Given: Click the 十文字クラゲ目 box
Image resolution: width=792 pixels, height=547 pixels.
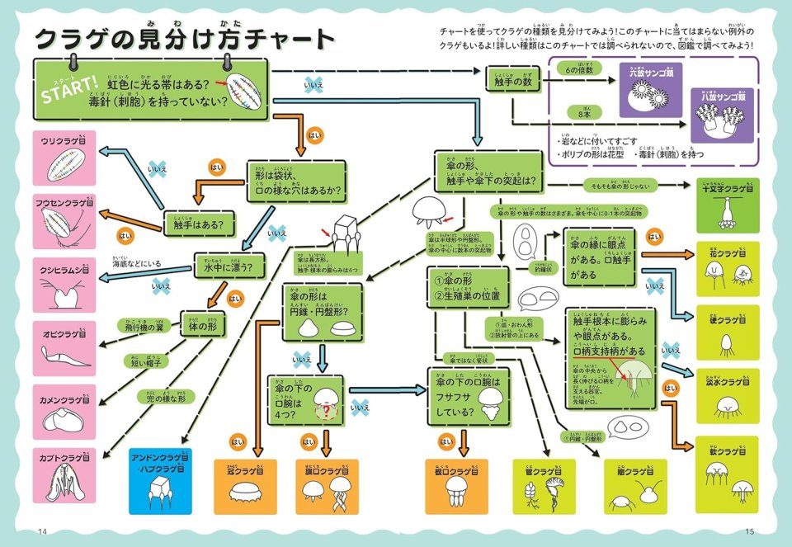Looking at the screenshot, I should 727,206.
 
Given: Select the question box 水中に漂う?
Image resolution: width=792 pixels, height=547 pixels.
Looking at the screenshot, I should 223,267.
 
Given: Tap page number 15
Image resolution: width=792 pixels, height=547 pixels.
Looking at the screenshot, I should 749,530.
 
